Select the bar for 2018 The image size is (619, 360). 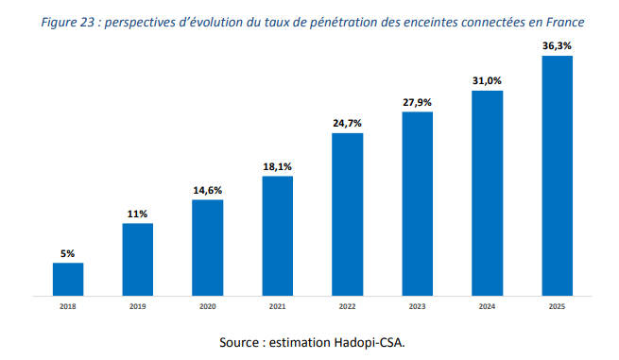click(x=67, y=279)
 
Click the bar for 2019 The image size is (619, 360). click(x=138, y=259)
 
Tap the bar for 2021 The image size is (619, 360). click(x=277, y=235)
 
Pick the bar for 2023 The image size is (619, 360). click(x=417, y=203)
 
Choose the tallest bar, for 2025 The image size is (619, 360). click(x=557, y=176)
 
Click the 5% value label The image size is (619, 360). click(x=67, y=253)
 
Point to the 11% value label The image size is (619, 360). click(x=138, y=214)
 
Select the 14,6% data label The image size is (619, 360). click(x=207, y=190)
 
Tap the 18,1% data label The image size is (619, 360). click(x=277, y=167)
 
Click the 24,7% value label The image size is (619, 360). click(x=347, y=123)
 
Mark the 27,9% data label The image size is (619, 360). click(x=417, y=102)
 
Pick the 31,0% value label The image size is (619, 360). click(x=487, y=81)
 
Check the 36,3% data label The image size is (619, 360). click(x=557, y=45)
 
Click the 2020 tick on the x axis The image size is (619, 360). click(x=207, y=307)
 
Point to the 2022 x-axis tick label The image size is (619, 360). click(x=347, y=307)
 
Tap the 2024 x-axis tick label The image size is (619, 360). click(x=487, y=307)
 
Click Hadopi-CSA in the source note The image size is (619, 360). click(x=370, y=341)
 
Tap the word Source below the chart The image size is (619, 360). click(x=240, y=341)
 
